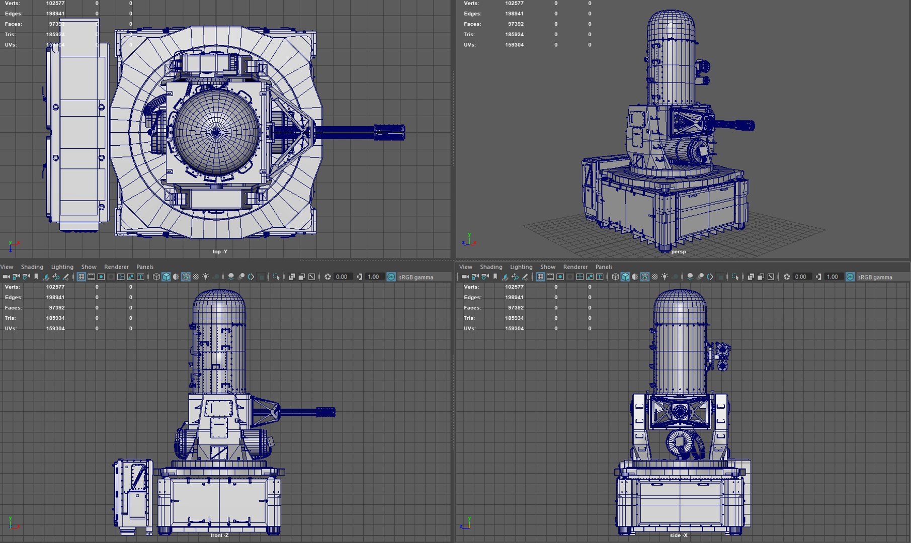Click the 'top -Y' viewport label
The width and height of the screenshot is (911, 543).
[x=220, y=251]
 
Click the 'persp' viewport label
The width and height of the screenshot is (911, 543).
[x=678, y=251]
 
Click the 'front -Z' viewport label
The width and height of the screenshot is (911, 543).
[x=219, y=535]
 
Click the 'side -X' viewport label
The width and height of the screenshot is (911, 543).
[x=678, y=535]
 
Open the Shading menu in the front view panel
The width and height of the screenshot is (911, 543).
[x=32, y=267]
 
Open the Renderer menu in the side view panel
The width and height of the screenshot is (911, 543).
[x=575, y=267]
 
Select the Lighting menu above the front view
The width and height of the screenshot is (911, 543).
[x=62, y=267]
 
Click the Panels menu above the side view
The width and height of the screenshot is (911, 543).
[x=604, y=267]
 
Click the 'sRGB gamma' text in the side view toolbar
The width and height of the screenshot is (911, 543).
[x=875, y=277]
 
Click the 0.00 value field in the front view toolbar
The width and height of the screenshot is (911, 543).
[x=342, y=277]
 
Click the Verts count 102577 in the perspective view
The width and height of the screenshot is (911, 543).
[x=514, y=4]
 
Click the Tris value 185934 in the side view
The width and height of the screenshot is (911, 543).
[x=514, y=318]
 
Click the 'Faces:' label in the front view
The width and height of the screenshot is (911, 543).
[x=13, y=308]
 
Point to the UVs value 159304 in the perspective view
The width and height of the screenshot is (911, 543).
[x=514, y=45]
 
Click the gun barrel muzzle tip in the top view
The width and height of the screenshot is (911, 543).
[x=402, y=132]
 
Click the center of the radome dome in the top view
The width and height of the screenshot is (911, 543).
[x=216, y=132]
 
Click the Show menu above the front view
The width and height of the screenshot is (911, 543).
[x=89, y=267]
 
